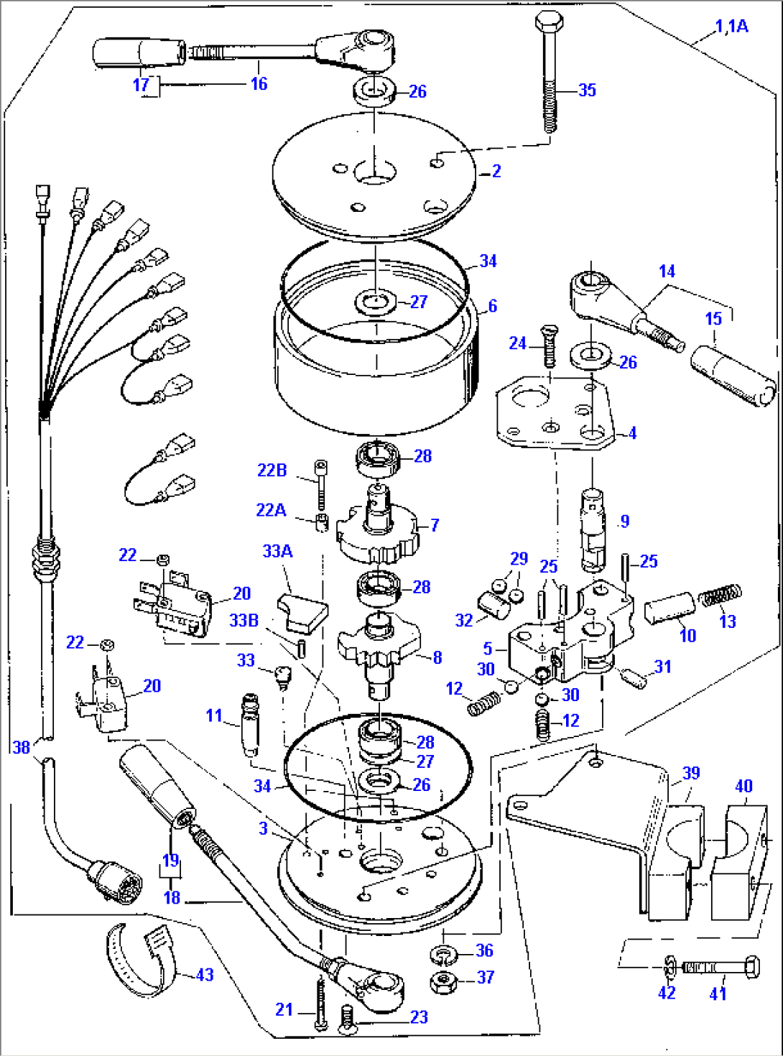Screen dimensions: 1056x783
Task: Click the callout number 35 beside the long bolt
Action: coord(587,90)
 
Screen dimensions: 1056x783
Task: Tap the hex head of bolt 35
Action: coord(550,22)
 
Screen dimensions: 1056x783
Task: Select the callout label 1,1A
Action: coord(731,27)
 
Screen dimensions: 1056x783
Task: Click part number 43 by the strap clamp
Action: coord(205,975)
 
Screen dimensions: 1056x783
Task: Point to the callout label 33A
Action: coord(277,551)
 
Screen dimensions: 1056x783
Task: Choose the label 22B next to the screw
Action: coord(272,470)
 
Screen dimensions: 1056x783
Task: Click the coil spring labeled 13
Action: coord(721,596)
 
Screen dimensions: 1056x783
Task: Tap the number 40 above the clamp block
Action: coord(743,786)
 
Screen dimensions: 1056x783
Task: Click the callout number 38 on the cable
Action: coord(22,747)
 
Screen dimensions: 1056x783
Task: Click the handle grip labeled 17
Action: coord(138,53)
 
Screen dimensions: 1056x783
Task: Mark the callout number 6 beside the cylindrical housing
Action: coord(492,306)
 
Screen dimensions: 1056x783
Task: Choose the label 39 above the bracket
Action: coord(690,773)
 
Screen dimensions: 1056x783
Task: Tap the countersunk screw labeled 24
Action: coord(549,347)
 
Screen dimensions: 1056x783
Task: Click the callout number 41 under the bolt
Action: coord(718,994)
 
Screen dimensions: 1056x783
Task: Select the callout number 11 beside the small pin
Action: coord(213,715)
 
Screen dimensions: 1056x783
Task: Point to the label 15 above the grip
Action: coord(713,318)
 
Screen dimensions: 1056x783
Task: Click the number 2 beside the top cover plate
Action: coord(496,171)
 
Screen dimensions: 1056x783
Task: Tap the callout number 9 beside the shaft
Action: coord(624,521)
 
